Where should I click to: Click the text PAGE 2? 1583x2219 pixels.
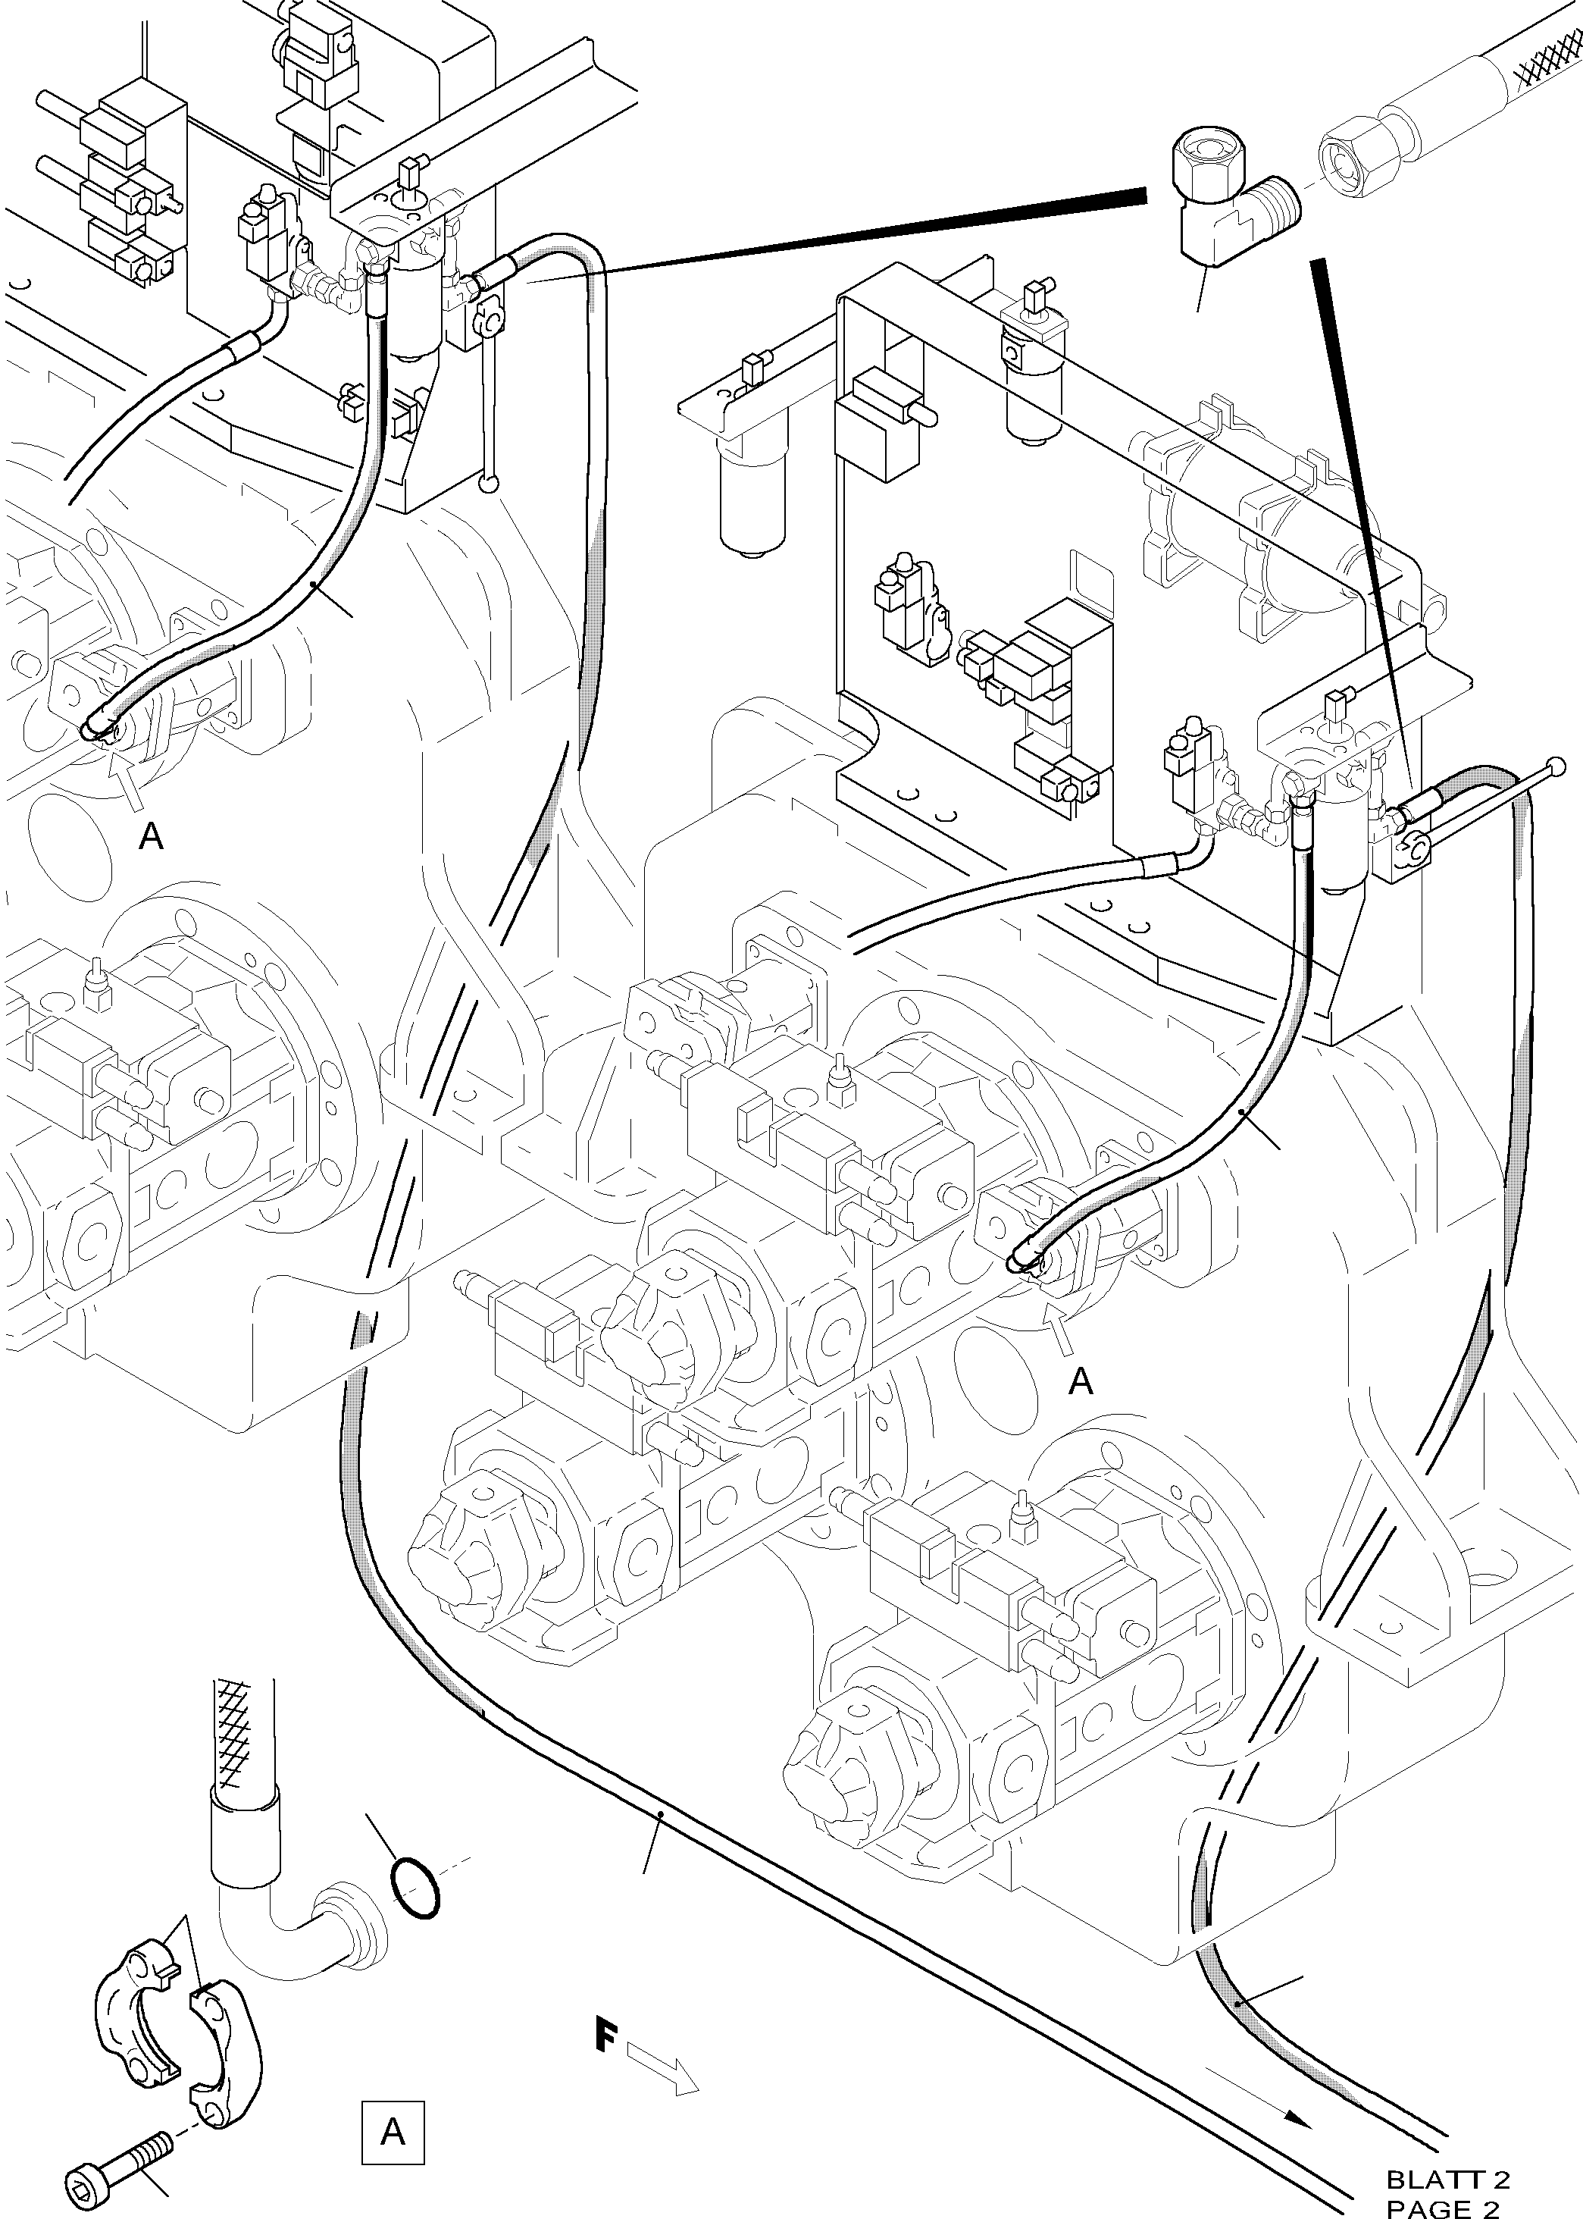(x=1443, y=2206)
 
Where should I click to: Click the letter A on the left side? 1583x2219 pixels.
(x=151, y=835)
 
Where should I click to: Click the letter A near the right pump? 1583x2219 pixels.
(x=1080, y=1381)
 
